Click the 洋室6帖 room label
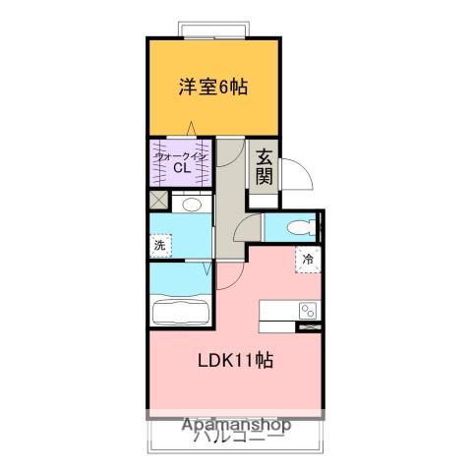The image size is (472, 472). click(212, 87)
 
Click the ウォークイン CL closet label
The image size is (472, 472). click(181, 160)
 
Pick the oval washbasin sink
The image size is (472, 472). click(192, 205)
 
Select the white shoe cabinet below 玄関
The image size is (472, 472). click(264, 201)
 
